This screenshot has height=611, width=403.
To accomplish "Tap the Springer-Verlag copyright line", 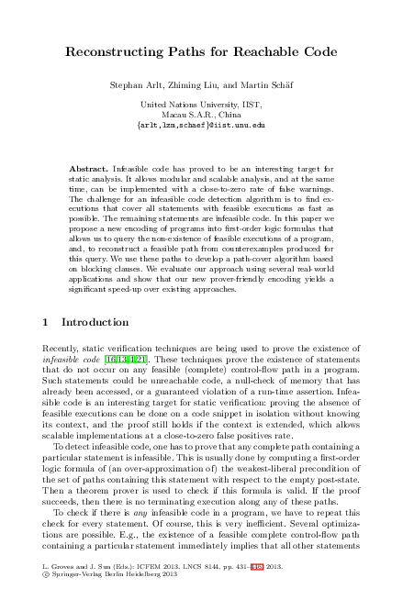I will tap(106, 602).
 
